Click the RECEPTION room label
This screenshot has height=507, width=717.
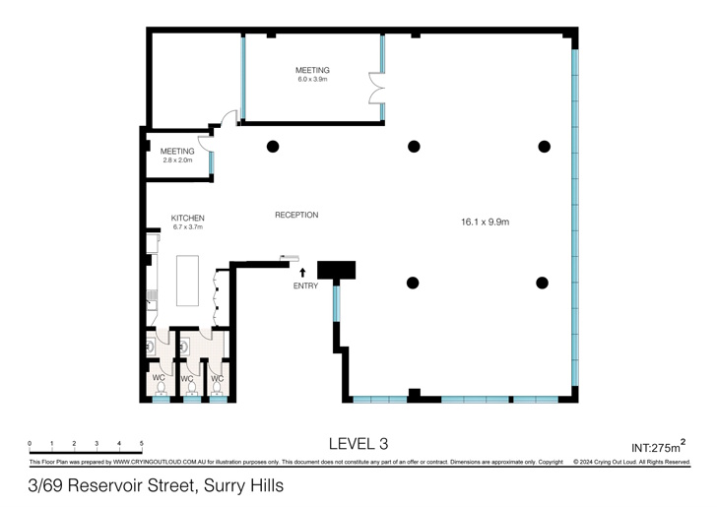[296, 215]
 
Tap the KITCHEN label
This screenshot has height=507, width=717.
[187, 219]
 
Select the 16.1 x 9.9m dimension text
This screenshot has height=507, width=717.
[485, 222]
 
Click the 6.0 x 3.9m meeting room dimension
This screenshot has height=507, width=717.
[312, 79]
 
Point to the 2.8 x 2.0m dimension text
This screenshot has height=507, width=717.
[177, 160]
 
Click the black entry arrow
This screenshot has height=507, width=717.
[302, 273]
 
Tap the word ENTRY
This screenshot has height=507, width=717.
[305, 285]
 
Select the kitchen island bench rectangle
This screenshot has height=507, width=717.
[187, 281]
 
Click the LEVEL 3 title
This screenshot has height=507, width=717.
[358, 443]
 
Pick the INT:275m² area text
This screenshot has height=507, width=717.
[658, 446]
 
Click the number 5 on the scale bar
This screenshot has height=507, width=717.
[142, 443]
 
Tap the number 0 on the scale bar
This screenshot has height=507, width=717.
[30, 443]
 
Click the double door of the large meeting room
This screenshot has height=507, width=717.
[376, 88]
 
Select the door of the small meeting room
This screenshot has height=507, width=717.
[205, 143]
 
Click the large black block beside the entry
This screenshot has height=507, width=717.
[336, 270]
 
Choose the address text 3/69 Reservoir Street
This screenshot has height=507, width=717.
[112, 485]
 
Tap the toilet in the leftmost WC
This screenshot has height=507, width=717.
[161, 389]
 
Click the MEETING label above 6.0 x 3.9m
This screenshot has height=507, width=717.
[312, 71]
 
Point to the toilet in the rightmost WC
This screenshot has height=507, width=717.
[218, 389]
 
